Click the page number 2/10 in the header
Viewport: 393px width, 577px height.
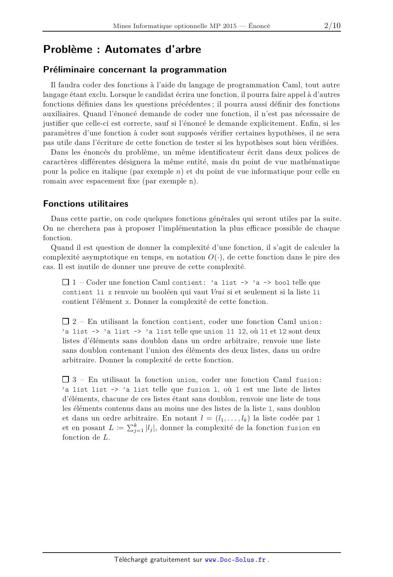click(332, 26)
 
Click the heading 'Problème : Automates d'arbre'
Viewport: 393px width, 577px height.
click(122, 49)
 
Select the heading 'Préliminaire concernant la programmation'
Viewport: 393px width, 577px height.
click(135, 70)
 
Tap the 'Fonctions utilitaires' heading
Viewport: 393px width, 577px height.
click(86, 204)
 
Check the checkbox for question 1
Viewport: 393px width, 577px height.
click(66, 282)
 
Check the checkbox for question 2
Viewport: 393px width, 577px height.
click(66, 321)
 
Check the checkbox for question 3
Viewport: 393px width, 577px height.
click(66, 379)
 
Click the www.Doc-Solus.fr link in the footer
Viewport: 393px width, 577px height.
click(235, 560)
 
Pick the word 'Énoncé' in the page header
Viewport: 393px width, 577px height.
click(259, 26)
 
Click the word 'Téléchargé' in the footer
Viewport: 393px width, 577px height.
click(131, 560)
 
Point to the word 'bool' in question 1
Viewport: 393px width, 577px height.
click(282, 283)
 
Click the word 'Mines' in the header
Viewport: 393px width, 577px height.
click(121, 26)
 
